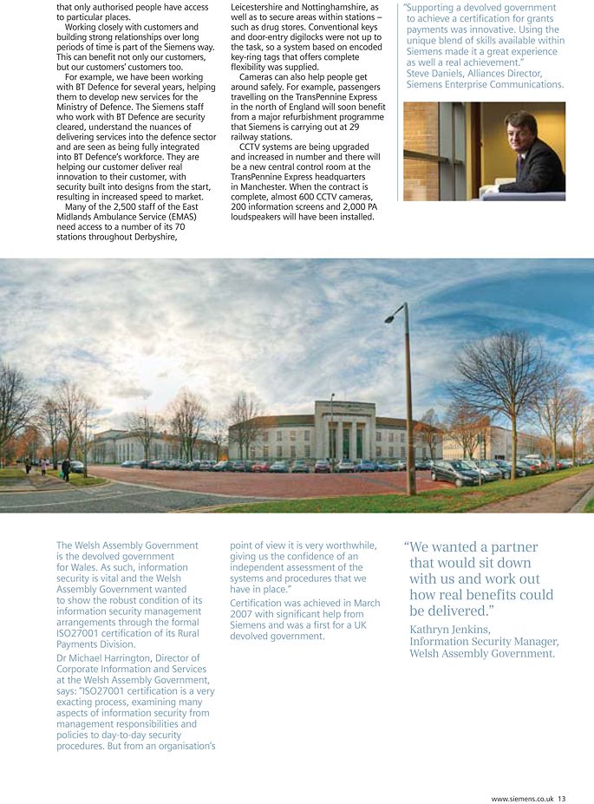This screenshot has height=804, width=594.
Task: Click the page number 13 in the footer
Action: tap(562, 799)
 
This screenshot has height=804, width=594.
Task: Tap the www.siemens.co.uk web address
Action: tap(523, 799)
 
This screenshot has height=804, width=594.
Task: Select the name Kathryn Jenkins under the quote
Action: tap(450, 629)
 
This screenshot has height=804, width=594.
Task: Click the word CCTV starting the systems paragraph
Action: tap(251, 147)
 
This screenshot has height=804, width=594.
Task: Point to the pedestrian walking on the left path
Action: tap(66, 469)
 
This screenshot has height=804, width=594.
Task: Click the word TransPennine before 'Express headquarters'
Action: tap(266, 176)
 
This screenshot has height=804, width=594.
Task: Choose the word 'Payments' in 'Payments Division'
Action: tap(79, 644)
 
